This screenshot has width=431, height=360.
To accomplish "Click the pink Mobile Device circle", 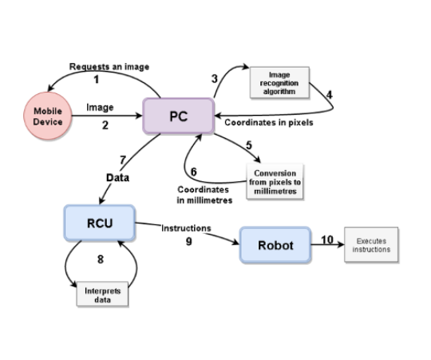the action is click(x=48, y=116).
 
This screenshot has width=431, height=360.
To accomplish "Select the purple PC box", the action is click(x=179, y=116).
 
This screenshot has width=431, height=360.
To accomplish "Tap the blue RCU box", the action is click(x=100, y=223).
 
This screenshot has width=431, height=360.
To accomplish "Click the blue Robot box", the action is click(x=275, y=245).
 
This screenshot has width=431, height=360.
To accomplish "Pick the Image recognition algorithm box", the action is click(x=279, y=82).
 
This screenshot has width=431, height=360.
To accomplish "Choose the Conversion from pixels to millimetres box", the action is click(x=275, y=182).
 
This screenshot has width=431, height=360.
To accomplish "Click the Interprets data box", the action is click(x=102, y=294).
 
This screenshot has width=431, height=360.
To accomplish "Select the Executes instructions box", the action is click(x=371, y=244).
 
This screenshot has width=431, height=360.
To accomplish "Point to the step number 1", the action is click(x=97, y=79).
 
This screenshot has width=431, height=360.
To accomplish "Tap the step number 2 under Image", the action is click(x=105, y=125).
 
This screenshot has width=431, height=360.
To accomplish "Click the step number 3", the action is click(x=215, y=79).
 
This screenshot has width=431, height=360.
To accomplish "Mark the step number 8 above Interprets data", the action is click(x=101, y=259).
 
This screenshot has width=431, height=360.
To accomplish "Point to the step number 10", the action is click(x=327, y=240).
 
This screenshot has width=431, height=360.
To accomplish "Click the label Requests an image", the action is click(x=109, y=66).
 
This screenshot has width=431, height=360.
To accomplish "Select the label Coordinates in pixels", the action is click(x=269, y=123).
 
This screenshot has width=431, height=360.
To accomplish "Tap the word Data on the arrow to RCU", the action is click(x=117, y=178).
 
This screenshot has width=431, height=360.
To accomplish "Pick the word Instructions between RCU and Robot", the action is click(x=186, y=228).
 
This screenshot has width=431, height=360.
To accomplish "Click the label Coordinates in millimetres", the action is click(x=204, y=195).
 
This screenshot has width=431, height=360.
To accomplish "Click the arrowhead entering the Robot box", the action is click(x=235, y=242).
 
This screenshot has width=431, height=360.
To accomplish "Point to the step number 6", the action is click(x=194, y=172).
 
